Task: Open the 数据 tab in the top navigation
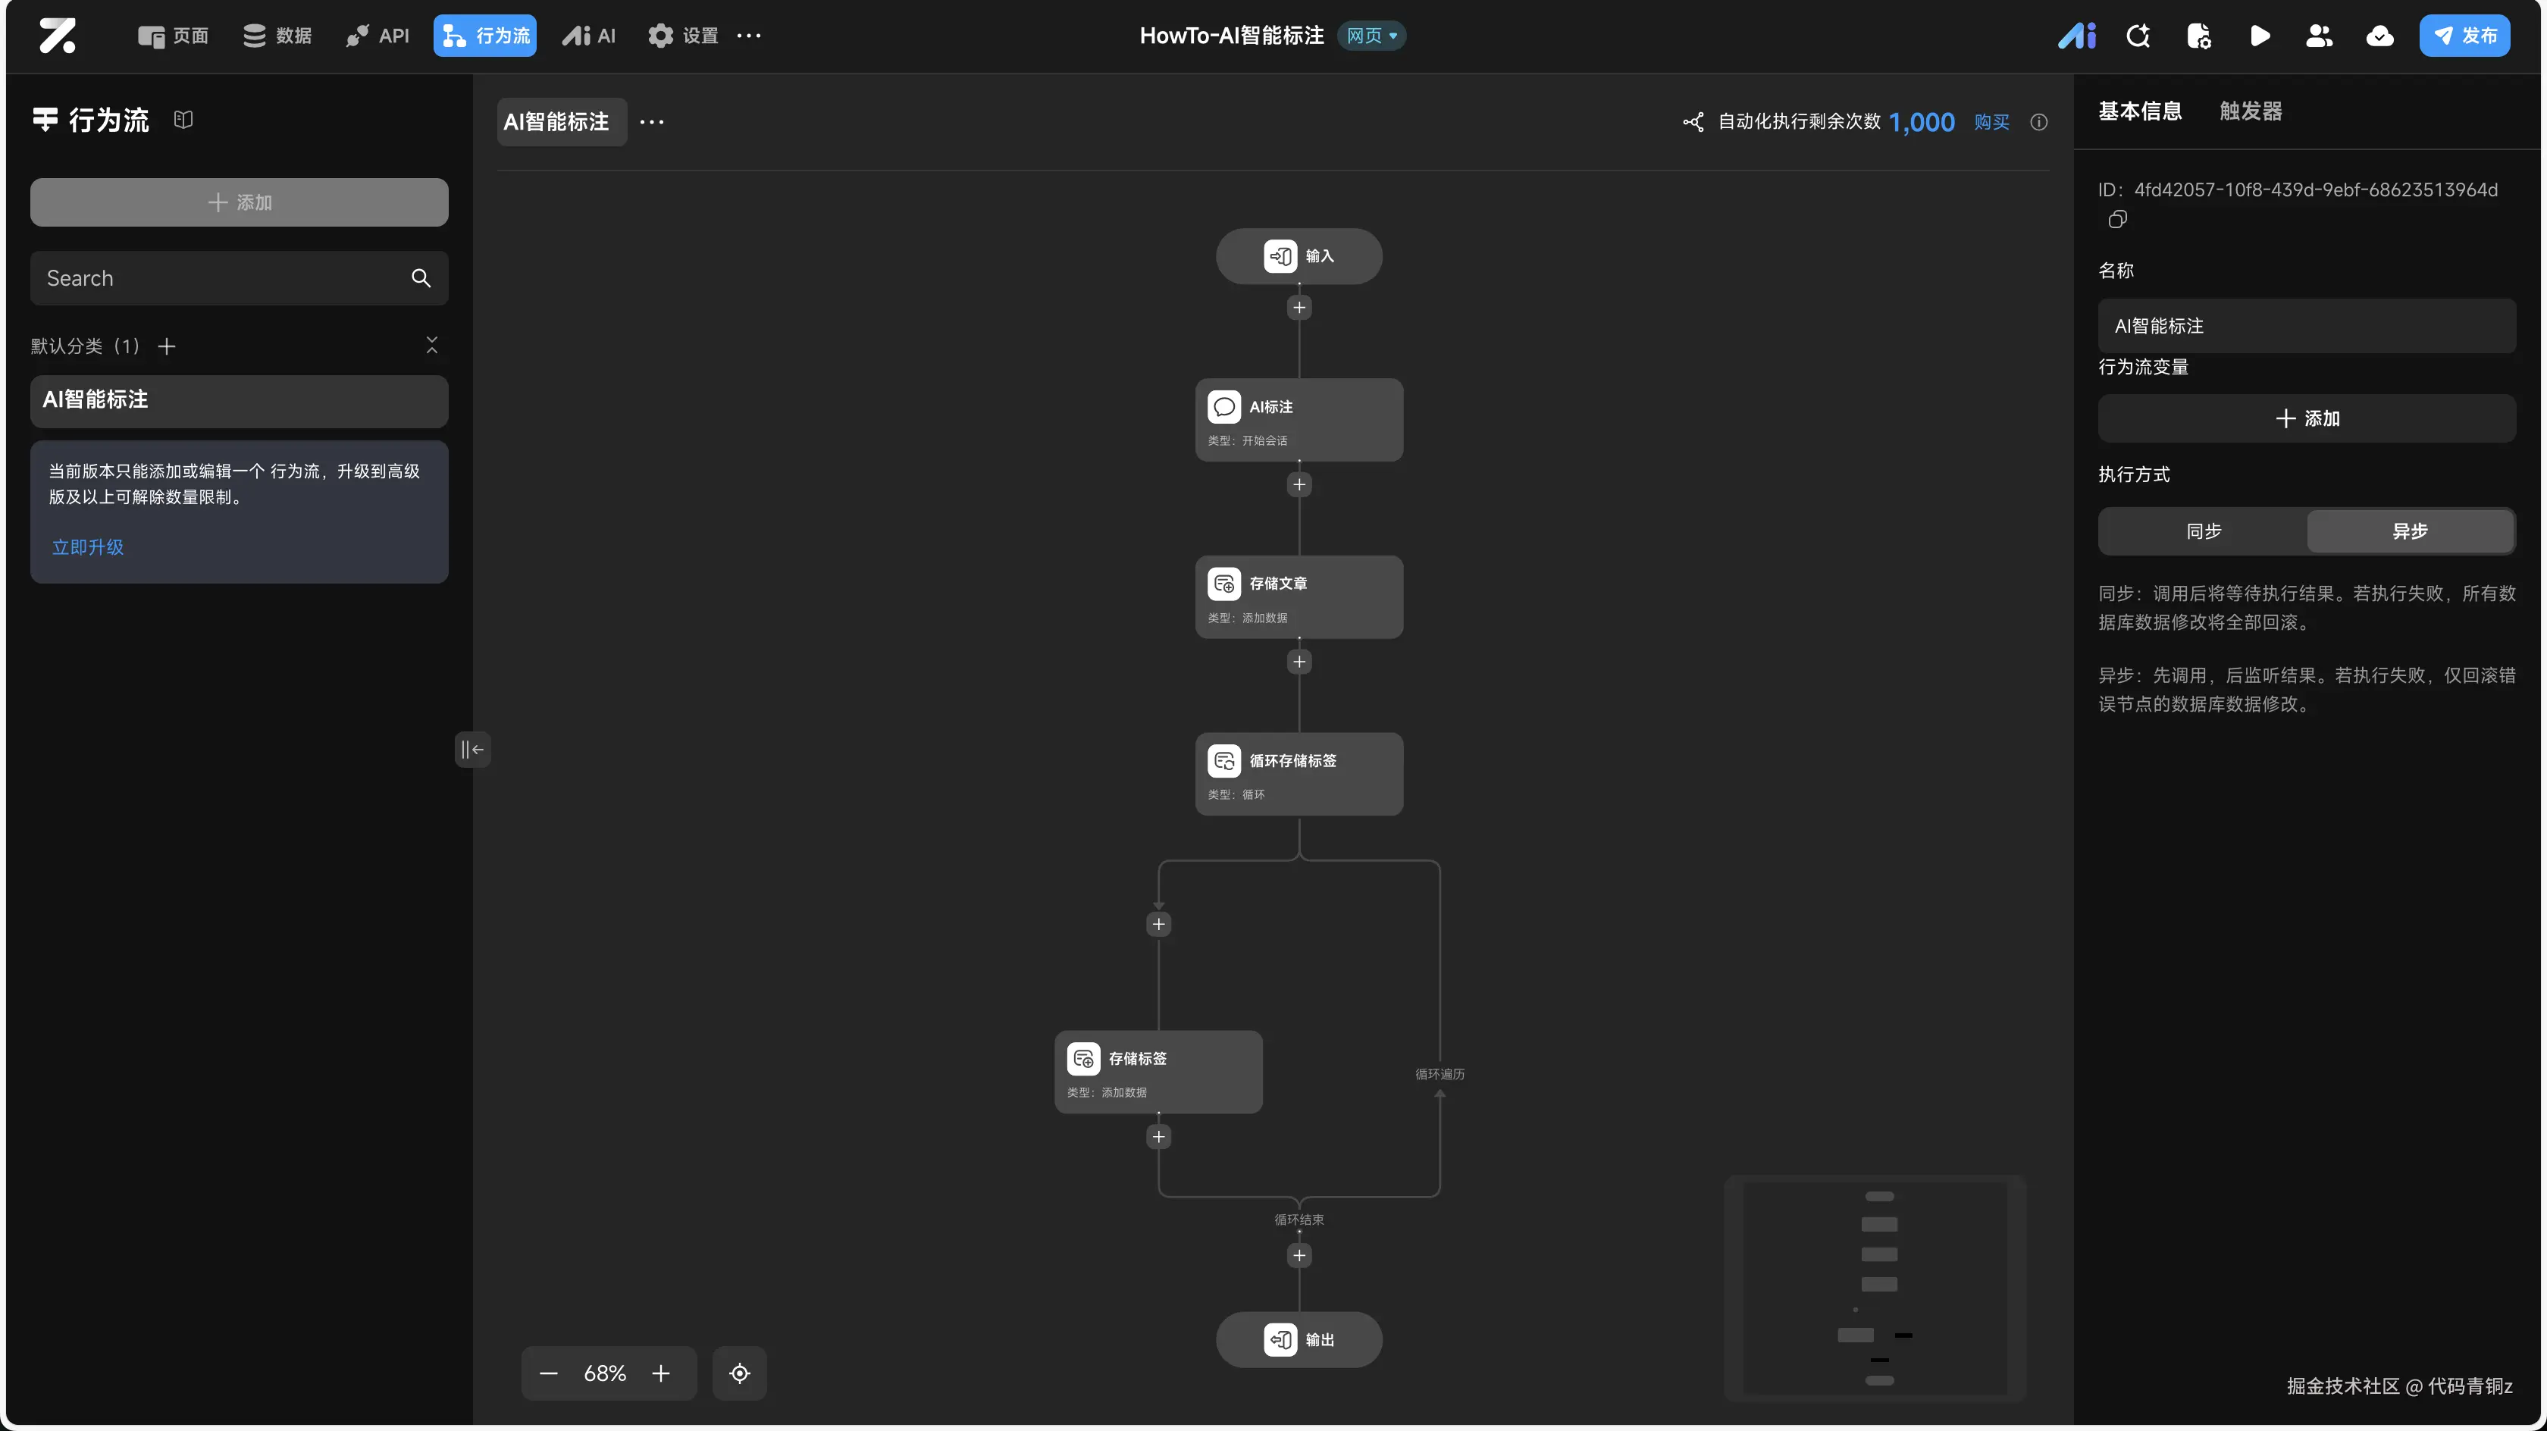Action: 278,36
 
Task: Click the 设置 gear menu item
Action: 683,36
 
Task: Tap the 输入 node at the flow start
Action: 1299,256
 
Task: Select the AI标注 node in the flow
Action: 1299,419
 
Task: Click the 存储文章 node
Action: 1299,597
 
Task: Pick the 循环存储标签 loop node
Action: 1299,773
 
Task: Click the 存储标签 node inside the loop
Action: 1158,1071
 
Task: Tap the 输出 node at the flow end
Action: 1299,1339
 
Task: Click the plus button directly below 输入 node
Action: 1299,308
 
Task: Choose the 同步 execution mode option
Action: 2203,531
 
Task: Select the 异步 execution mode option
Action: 2410,531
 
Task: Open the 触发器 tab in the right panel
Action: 2251,111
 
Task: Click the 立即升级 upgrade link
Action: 88,547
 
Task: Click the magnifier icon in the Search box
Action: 421,278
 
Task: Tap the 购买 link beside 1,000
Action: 1991,121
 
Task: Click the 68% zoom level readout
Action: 604,1373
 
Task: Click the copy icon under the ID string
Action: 2117,220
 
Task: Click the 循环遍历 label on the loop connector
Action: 1440,1074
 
